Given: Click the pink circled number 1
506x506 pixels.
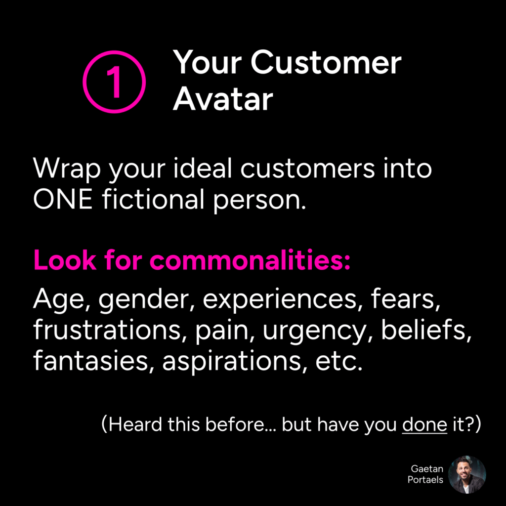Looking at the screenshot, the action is click(x=114, y=51).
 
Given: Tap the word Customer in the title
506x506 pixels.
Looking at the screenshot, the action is click(x=326, y=63).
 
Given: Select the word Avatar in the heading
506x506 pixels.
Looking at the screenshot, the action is click(x=223, y=99).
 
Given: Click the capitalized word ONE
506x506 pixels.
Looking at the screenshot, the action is click(x=63, y=200).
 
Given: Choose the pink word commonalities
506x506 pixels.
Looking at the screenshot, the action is click(x=250, y=259).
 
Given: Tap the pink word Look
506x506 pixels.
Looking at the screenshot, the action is click(x=65, y=259).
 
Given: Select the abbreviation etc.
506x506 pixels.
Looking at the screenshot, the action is click(x=339, y=361).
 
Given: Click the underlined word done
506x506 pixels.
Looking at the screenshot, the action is click(x=424, y=424).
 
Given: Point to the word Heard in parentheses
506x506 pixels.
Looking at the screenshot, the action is click(x=135, y=424).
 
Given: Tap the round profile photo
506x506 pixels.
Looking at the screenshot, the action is click(x=467, y=474).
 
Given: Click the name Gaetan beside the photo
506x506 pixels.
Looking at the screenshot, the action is click(x=426, y=468).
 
